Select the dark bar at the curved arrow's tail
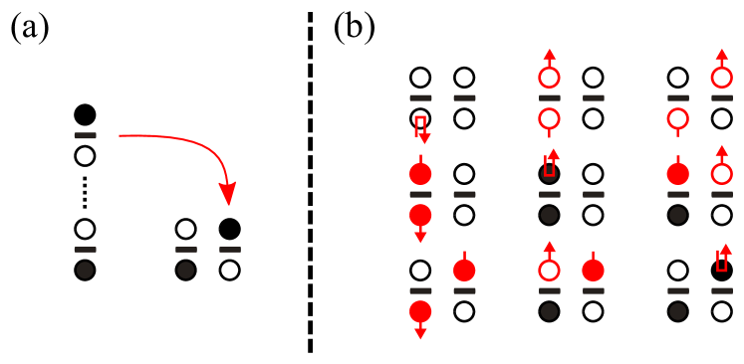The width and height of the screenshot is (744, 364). coord(86,135)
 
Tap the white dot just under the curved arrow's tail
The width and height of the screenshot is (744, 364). coord(85,156)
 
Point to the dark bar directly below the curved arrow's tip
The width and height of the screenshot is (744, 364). coord(230,250)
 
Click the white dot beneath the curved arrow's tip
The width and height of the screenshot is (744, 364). coord(230,270)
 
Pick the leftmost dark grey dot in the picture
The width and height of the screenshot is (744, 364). coord(85,270)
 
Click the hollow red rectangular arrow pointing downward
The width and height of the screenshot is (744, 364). coord(420,128)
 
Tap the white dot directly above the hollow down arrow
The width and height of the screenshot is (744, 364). coord(420,78)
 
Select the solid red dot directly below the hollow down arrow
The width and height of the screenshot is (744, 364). coord(420,174)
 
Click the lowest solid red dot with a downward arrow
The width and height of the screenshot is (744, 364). coord(420,311)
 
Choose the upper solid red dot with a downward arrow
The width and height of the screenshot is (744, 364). coord(420,215)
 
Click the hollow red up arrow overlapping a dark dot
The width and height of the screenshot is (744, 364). coord(550,164)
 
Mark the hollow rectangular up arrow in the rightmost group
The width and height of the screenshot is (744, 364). coord(722,259)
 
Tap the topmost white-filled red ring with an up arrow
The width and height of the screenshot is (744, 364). coord(549,77)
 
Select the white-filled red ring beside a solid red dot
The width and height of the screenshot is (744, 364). coord(549,270)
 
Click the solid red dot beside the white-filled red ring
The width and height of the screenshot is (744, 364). coord(593,270)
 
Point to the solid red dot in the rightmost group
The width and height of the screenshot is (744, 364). coord(678,174)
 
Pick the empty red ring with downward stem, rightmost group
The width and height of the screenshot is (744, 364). coord(678,119)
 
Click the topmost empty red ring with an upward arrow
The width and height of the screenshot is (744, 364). coord(722,77)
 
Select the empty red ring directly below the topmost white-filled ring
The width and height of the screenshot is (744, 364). coord(549,119)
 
